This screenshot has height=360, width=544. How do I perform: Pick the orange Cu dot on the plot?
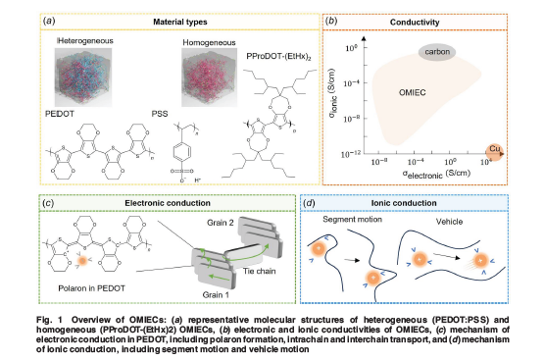(498, 154)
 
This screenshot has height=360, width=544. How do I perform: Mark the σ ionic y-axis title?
(344, 99)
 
